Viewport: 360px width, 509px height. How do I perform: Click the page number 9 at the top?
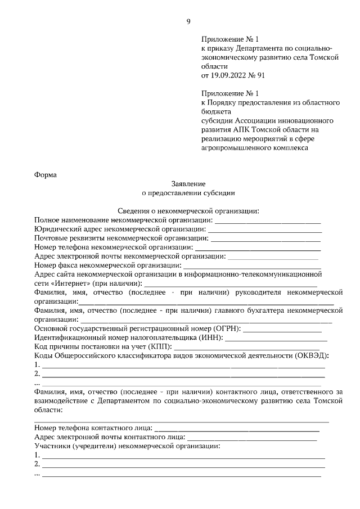[188, 22]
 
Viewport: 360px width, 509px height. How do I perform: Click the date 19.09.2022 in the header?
[229, 74]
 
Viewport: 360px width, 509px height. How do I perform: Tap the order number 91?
[260, 74]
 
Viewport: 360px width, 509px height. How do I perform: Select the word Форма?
[46, 174]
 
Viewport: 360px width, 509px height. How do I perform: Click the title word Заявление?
[188, 183]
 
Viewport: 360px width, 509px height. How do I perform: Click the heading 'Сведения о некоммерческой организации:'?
[188, 211]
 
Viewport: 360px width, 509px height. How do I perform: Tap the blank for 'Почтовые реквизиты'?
[266, 238]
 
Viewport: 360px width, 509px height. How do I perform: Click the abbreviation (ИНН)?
[211, 337]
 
